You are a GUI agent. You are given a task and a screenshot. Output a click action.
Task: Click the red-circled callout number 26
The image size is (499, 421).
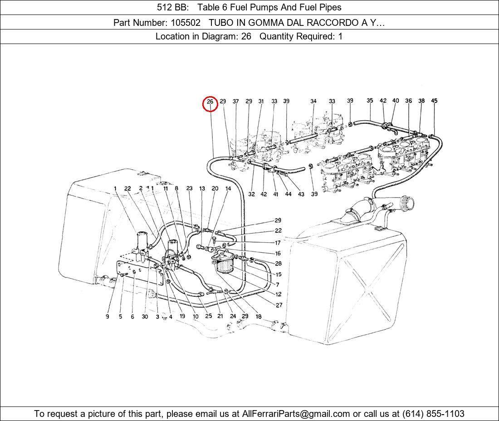coord(210,102)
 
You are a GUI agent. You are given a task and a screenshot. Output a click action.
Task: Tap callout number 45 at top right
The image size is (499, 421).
coord(435,101)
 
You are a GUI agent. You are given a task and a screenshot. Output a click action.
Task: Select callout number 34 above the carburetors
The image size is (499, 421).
coord(313,101)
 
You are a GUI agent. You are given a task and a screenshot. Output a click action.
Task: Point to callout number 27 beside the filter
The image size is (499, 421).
coord(279,305)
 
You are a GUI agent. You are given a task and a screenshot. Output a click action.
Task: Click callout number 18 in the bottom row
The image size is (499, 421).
coord(259,316)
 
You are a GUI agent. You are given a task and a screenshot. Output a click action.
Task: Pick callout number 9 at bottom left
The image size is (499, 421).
coord(108,317)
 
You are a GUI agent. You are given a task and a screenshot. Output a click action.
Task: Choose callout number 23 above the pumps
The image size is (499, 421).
coord(189,188)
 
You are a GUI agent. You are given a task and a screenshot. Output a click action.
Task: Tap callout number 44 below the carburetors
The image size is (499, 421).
coord(288,194)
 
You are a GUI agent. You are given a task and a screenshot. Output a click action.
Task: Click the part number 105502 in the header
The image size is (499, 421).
coord(186,23)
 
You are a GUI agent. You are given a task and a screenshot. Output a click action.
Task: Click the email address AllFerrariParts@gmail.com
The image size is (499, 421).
coord(296,414)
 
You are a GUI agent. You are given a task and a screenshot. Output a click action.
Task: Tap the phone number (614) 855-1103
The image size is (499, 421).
coord(433,414)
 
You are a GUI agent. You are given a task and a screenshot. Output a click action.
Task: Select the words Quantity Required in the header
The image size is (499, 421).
coord(297,36)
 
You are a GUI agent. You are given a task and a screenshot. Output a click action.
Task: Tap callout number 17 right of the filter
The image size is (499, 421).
coord(278,243)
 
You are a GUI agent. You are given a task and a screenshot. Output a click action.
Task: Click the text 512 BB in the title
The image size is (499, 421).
coord(173,7)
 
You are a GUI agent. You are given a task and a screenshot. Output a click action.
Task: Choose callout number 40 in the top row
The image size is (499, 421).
coord(396,101)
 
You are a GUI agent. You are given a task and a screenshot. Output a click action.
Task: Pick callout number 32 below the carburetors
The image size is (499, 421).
coord(251,194)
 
